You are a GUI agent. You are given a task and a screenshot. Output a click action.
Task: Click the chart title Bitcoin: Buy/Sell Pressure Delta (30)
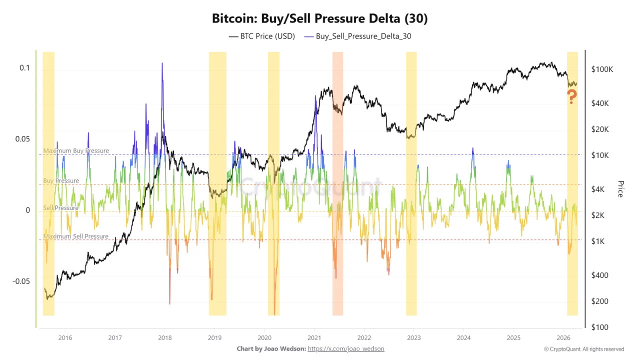point(320,18)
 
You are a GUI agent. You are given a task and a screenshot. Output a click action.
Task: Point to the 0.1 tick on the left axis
point(24,68)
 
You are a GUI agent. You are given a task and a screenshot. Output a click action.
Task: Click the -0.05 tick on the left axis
point(21,281)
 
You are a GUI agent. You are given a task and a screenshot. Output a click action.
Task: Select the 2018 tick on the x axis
point(164,337)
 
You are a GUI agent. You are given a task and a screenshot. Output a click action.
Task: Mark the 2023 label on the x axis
point(413,337)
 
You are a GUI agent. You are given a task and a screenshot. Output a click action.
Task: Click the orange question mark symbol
point(572,96)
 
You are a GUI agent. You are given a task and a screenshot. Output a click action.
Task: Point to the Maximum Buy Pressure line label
point(76,150)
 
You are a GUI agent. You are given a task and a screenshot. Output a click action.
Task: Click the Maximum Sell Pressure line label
point(76,236)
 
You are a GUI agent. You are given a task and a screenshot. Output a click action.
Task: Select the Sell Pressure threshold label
point(60,207)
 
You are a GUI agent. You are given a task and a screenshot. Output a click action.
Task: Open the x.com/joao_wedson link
point(346,348)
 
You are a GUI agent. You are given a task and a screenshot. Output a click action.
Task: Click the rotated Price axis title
point(620,189)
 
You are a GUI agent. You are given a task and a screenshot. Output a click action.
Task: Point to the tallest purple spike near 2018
point(162,64)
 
